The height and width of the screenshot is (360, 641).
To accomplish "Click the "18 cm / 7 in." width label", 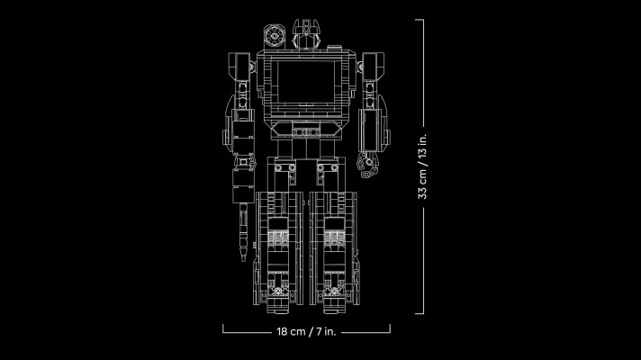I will pos(307,332).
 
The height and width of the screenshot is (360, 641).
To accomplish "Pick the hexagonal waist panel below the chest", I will pos(306,131).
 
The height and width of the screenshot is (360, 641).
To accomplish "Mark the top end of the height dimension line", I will pos(420,19).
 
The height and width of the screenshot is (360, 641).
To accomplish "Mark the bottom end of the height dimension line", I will pos(420,314).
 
